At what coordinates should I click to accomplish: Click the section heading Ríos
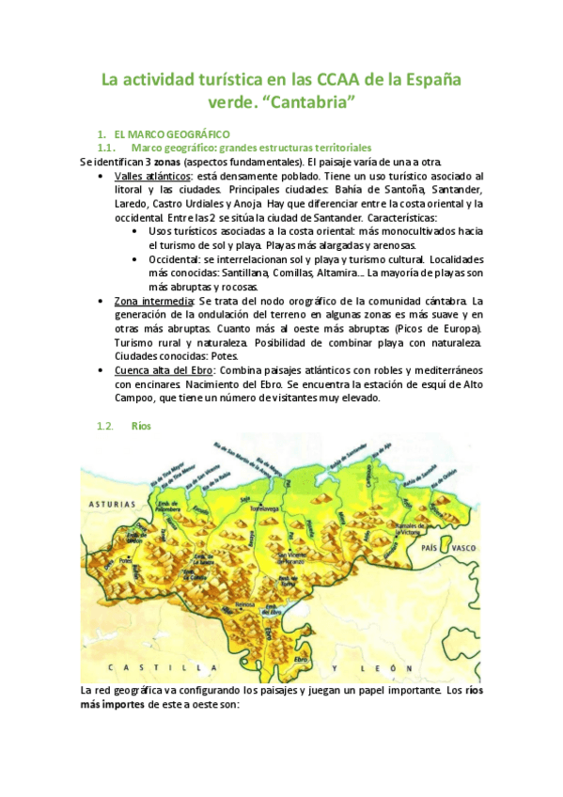point(142,426)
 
